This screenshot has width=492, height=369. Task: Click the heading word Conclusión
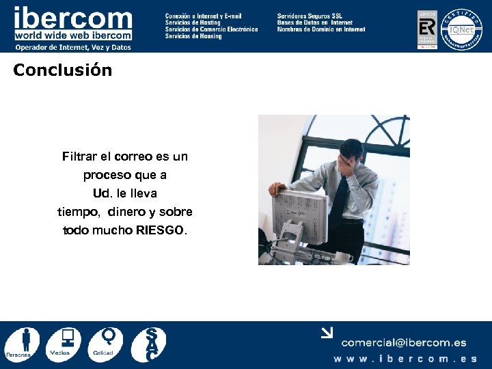pyautogui.click(x=62, y=70)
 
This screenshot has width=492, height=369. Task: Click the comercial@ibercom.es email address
pyautogui.click(x=404, y=343)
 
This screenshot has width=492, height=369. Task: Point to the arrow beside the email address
pyautogui.click(x=327, y=333)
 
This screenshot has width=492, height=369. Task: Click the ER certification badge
pyautogui.click(x=427, y=29)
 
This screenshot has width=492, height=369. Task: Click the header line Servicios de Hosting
pyautogui.click(x=193, y=23)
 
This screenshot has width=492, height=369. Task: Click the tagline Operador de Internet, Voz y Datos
pyautogui.click(x=72, y=47)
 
